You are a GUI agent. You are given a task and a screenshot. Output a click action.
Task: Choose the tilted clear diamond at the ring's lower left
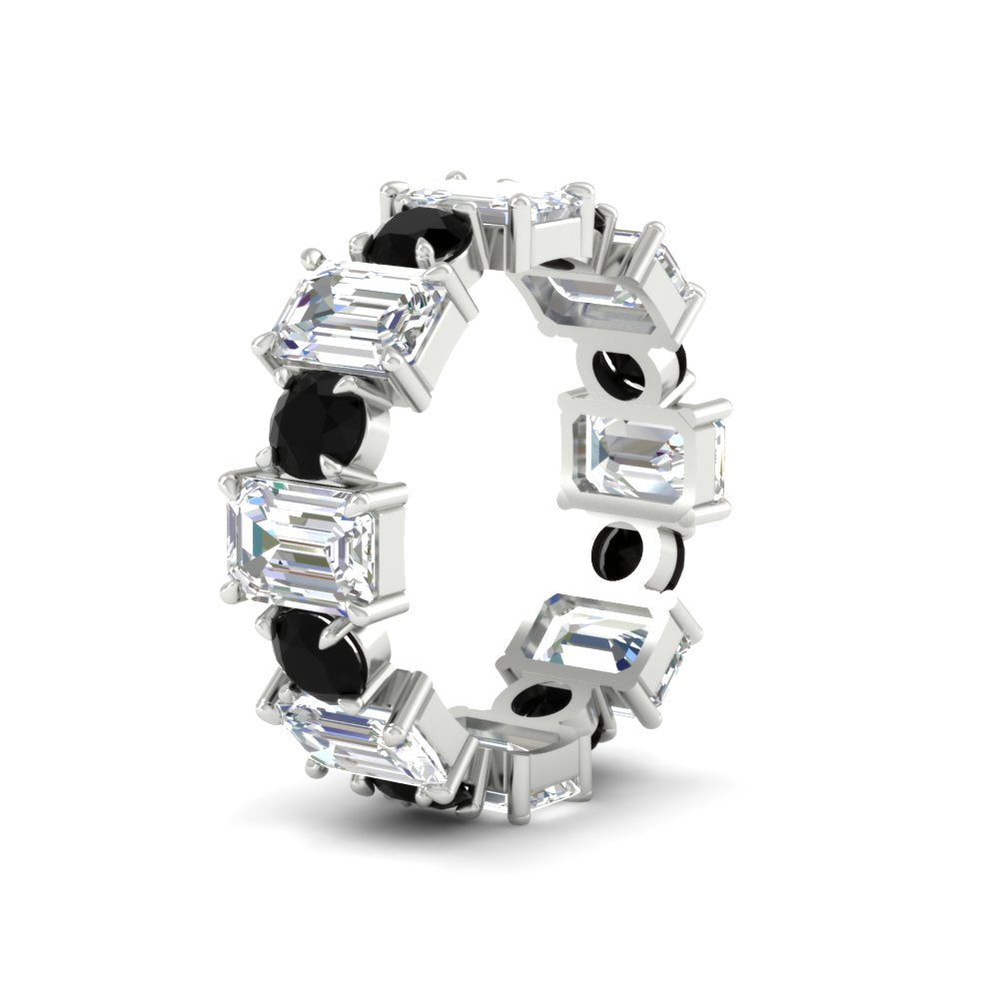point(360,739)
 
